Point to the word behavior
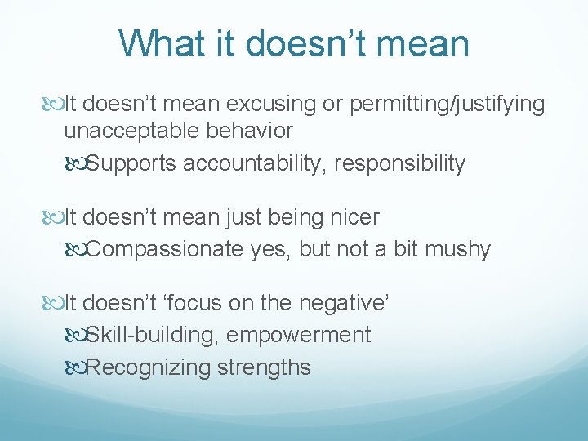pos(253,131)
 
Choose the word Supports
pos(132,164)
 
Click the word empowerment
pos(299,335)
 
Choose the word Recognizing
pos(149,367)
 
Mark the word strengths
pos(264,367)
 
